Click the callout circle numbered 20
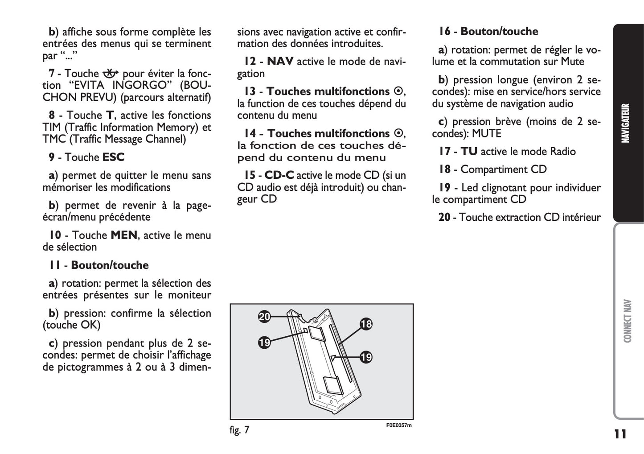(264, 317)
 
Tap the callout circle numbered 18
(366, 324)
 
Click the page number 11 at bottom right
(619, 434)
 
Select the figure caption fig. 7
(239, 430)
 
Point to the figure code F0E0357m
(399, 425)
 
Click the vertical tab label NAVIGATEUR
(626, 123)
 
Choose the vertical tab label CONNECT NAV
(628, 321)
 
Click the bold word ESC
(114, 157)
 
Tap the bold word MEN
(123, 235)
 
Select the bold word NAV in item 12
(280, 62)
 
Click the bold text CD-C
(279, 175)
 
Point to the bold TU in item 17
(469, 152)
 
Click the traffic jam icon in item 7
(110, 74)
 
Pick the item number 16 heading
(444, 32)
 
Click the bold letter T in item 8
(110, 116)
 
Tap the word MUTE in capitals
(487, 134)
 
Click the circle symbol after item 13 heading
(398, 91)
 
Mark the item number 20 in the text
(444, 218)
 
